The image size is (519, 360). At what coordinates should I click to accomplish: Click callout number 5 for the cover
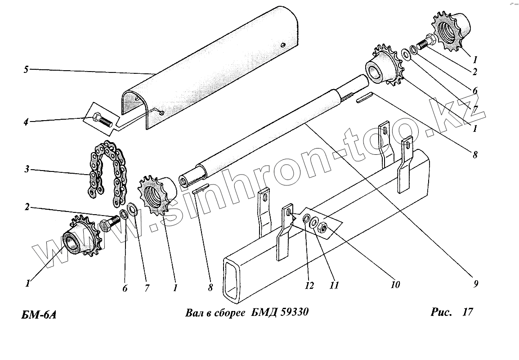(26, 69)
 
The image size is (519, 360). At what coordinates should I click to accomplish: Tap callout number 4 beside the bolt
(26, 121)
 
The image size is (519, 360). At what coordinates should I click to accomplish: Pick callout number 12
(309, 285)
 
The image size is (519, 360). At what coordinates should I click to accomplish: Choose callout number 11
(333, 285)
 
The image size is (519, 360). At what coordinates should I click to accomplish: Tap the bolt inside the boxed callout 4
(103, 121)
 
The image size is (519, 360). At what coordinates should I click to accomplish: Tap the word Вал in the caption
(193, 313)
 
